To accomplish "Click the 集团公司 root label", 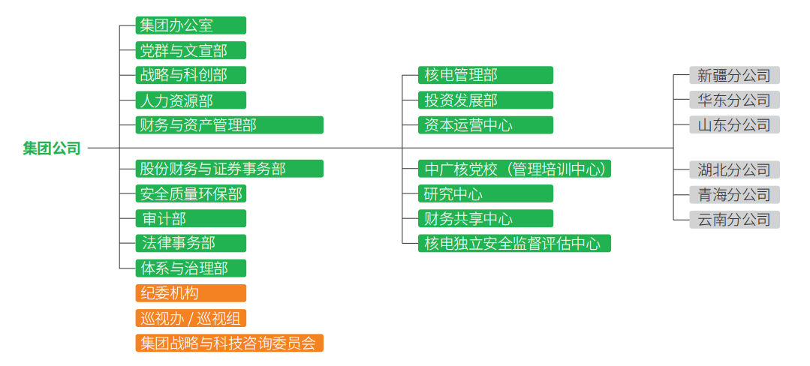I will point(51,148).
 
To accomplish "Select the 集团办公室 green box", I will point(191,25).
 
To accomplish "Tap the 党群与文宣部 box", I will point(191,50).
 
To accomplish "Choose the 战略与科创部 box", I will point(191,75).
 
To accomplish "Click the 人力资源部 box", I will point(191,100).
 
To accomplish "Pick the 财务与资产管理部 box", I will point(229,124).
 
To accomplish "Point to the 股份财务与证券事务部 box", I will point(229,169).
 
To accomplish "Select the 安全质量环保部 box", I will point(191,193).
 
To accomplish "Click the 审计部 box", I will point(191,218).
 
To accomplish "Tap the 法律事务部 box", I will point(191,243).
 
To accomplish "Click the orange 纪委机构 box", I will point(191,293).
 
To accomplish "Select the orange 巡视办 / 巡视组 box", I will point(191,318).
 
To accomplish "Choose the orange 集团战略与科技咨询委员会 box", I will point(229,343).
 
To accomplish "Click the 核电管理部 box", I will point(486,75).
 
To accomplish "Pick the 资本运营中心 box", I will point(486,124).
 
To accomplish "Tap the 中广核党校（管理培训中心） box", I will point(514,169).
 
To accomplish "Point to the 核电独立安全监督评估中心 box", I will point(514,243).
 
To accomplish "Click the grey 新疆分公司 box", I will point(734,75).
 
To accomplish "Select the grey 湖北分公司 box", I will point(734,169).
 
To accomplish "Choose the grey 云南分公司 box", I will point(734,219).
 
